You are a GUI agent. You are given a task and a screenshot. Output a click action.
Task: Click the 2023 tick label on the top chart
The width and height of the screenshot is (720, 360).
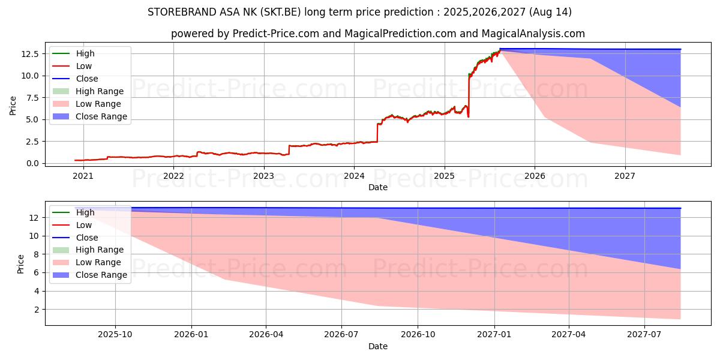pyautogui.click(x=263, y=176)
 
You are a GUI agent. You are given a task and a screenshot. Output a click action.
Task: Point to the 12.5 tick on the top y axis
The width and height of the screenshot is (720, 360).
pyautogui.click(x=31, y=53)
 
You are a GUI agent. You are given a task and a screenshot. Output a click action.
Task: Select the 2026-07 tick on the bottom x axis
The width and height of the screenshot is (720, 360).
pyautogui.click(x=341, y=335)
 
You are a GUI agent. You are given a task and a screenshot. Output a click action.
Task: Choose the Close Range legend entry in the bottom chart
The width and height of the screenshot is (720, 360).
pyautogui.click(x=101, y=275)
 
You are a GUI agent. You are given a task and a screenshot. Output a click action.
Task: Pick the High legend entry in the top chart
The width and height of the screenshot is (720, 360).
pyautogui.click(x=85, y=53)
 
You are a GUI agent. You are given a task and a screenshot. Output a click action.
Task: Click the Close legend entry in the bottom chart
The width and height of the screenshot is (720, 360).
pyautogui.click(x=86, y=238)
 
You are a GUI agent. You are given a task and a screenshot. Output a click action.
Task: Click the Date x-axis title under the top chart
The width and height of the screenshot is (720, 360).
pyautogui.click(x=378, y=187)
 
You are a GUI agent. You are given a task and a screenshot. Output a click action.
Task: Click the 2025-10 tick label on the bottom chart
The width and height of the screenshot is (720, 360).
pyautogui.click(x=115, y=335)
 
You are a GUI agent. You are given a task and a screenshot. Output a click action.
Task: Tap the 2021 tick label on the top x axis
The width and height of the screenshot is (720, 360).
pyautogui.click(x=83, y=176)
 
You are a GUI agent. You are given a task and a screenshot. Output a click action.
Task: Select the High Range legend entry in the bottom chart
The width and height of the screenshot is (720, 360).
pyautogui.click(x=99, y=250)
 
